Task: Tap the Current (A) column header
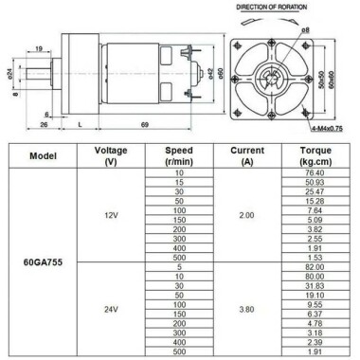click(x=246, y=156)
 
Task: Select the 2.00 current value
click(x=246, y=215)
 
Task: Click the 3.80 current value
click(x=246, y=308)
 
